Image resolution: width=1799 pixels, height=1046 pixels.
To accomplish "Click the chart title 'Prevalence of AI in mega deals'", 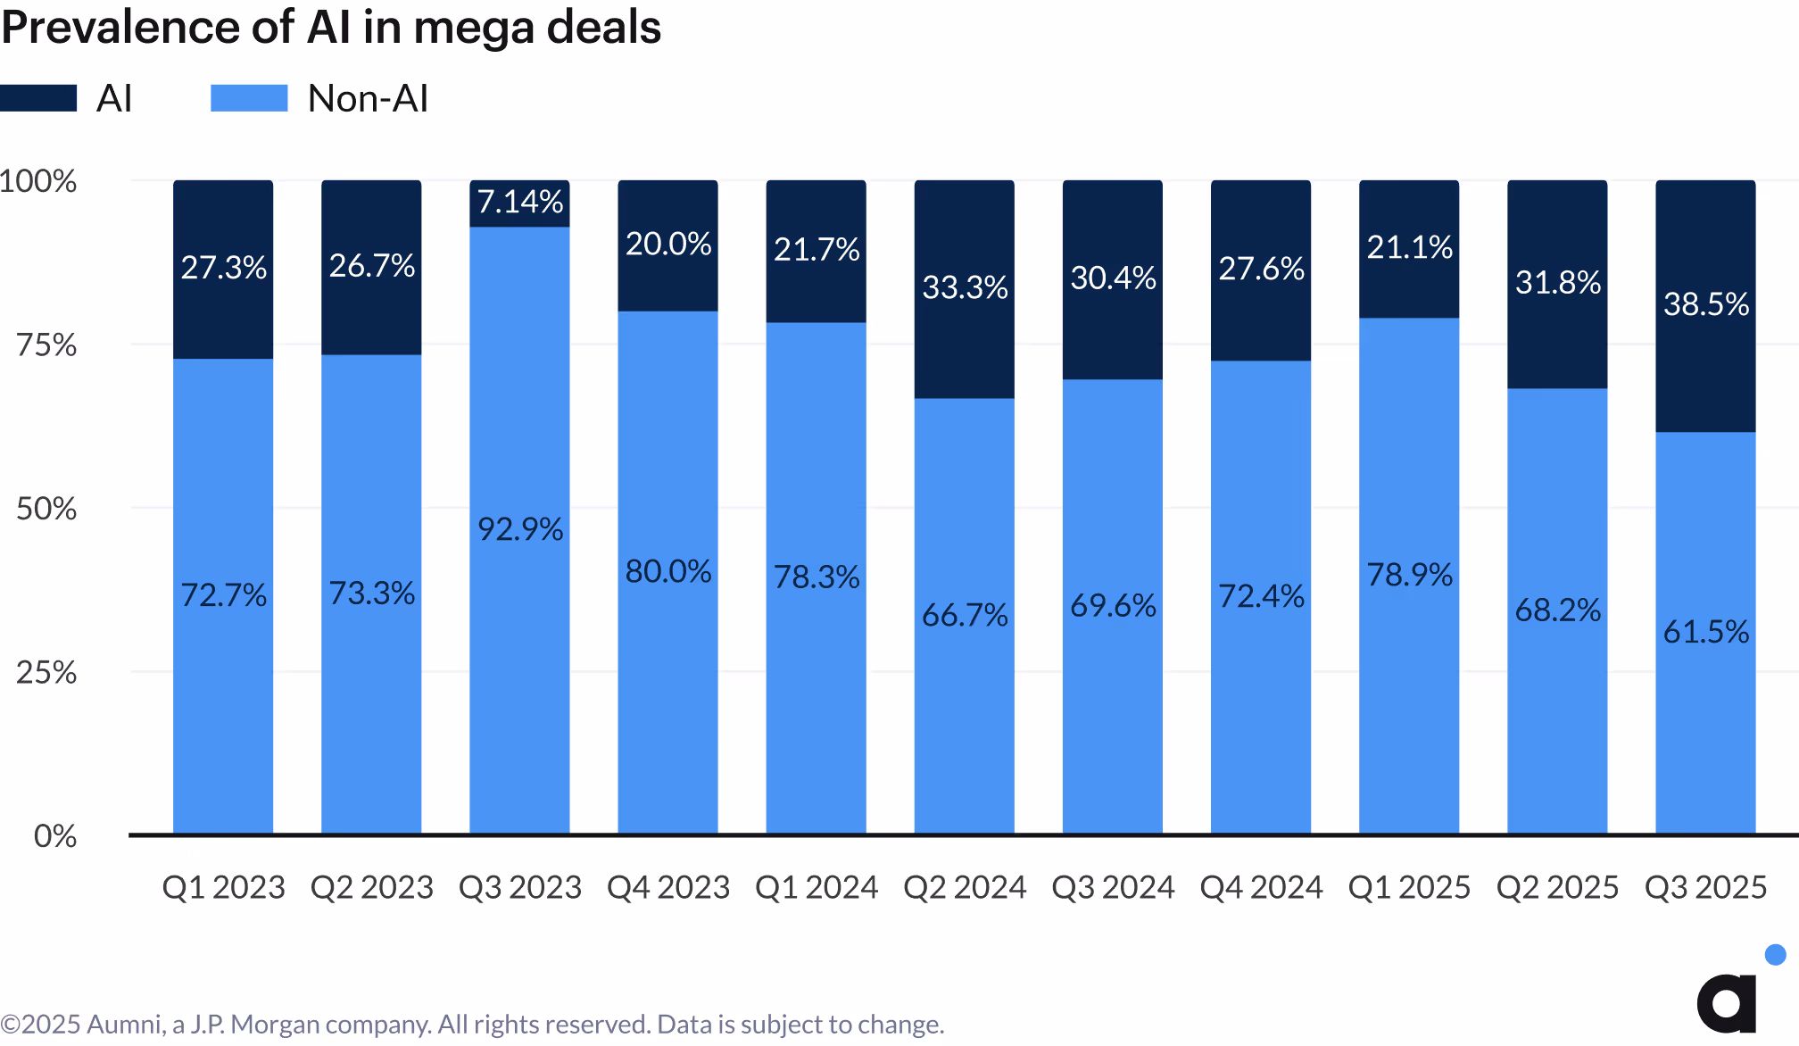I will point(331,27).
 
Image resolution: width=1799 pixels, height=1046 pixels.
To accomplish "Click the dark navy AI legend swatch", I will point(38,98).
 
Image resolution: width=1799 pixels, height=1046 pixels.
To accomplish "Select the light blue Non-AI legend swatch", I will point(249,98).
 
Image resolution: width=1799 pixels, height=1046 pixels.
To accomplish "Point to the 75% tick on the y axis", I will point(46,345).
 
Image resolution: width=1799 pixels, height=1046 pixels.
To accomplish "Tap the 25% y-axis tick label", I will point(46,672).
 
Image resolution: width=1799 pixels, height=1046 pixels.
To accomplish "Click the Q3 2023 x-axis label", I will point(519,887).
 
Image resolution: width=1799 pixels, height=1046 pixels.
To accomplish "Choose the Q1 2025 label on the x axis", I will point(1409,887).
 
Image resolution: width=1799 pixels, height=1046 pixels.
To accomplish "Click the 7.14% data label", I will point(519,202).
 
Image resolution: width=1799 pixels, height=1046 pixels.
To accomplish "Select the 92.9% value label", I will point(519,529).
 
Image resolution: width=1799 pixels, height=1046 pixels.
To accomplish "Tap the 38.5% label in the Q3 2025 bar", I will point(1705,304).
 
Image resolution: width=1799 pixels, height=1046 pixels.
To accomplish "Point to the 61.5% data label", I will point(1705,632).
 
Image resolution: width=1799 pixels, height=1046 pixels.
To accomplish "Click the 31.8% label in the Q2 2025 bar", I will point(1557,283).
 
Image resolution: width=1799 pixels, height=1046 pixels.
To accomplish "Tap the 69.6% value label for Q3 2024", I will point(1113,606).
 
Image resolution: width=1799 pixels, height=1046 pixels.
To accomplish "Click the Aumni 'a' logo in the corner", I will point(1727,1003).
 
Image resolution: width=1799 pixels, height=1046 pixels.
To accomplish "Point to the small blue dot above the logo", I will point(1775,955).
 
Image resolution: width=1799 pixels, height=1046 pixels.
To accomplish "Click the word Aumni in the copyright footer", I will point(126,1025).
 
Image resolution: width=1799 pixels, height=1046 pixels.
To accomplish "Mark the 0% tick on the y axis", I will point(55,836).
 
